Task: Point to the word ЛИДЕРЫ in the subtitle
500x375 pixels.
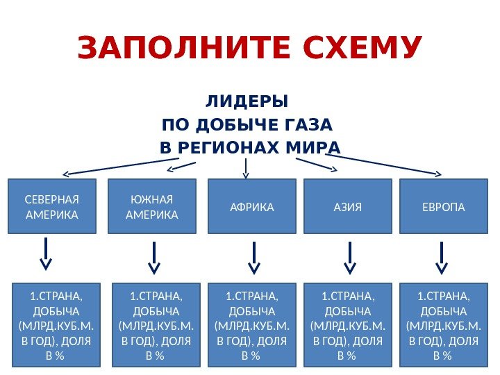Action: pyautogui.click(x=247, y=102)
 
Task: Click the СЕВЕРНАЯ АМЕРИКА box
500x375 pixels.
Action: pyautogui.click(x=52, y=207)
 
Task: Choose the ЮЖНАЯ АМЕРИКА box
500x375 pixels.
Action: pyautogui.click(x=152, y=207)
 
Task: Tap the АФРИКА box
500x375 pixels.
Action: pyautogui.click(x=252, y=207)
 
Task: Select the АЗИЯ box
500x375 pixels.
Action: pyautogui.click(x=348, y=207)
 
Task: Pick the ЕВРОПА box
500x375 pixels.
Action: pyautogui.click(x=445, y=207)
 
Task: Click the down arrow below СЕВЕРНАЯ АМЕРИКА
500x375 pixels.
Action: pyautogui.click(x=46, y=254)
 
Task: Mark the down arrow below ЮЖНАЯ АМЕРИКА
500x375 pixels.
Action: pyautogui.click(x=154, y=258)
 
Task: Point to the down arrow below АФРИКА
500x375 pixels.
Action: pyautogui.click(x=255, y=258)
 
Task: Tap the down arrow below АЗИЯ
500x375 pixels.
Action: pyautogui.click(x=350, y=258)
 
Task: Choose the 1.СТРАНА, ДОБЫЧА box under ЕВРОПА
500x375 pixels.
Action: pyautogui.click(x=443, y=324)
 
